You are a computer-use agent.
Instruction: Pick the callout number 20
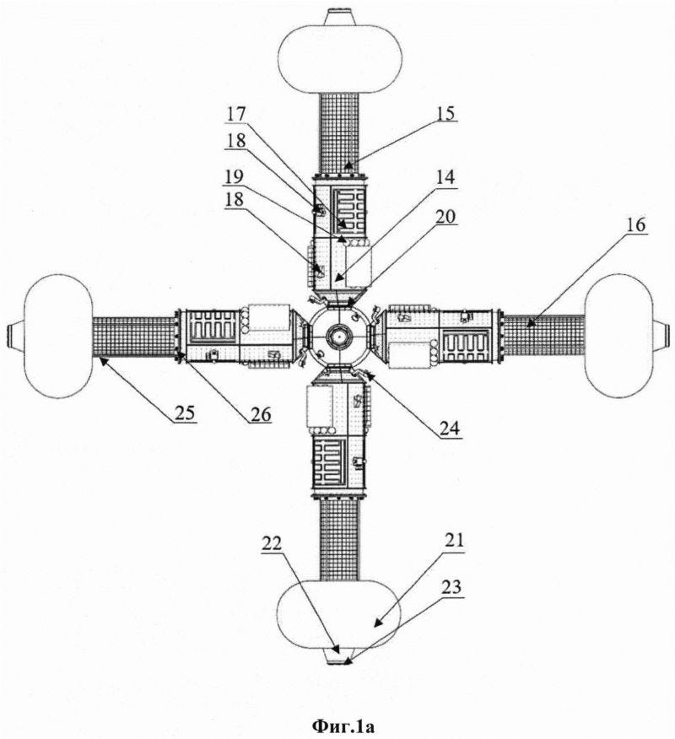[x=445, y=218]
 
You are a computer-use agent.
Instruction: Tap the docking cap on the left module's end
[x=14, y=336]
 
